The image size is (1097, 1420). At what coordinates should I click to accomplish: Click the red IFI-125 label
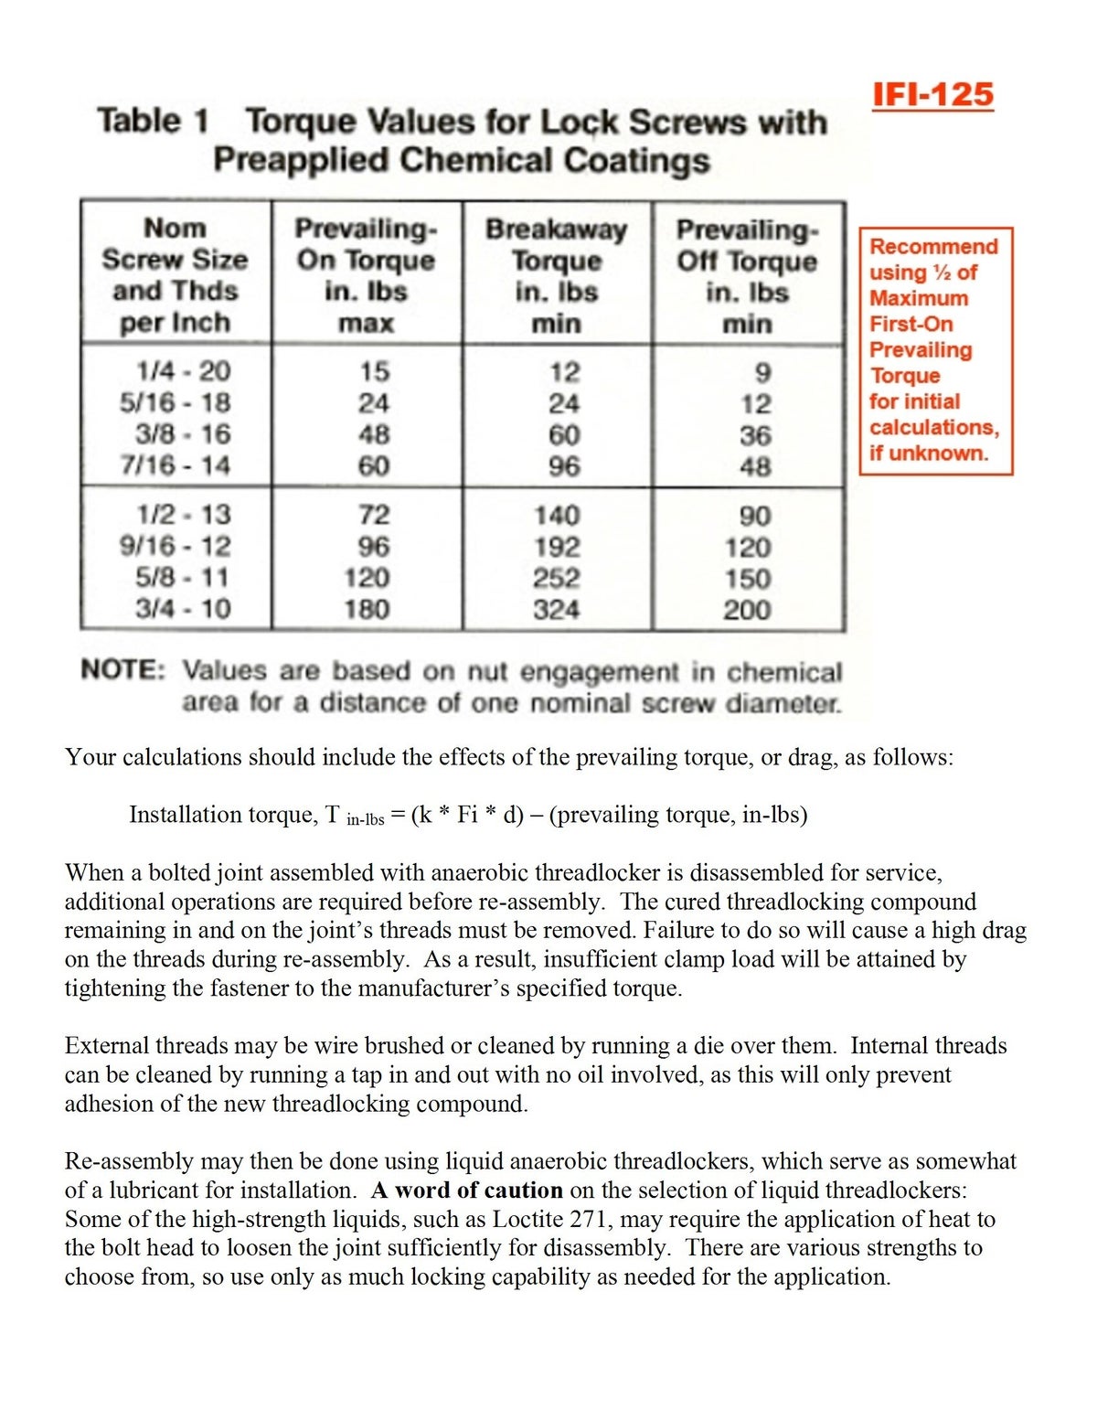[932, 95]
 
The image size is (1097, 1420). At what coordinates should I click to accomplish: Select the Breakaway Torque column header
[556, 275]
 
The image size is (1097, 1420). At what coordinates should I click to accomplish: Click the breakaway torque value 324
[556, 609]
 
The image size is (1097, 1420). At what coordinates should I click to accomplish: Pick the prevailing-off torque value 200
[747, 610]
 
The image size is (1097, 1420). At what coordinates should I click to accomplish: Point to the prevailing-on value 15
[373, 371]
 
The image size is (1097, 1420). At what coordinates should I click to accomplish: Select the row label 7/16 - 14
[176, 465]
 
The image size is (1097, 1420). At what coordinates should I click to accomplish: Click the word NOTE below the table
[122, 670]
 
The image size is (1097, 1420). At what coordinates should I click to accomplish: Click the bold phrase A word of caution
[466, 1190]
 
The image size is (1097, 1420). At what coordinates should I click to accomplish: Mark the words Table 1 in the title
[153, 121]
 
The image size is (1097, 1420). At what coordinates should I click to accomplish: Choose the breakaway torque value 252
[556, 578]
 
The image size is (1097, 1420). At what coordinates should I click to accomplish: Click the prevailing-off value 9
[762, 372]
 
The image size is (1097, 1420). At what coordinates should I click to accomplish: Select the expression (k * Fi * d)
[467, 814]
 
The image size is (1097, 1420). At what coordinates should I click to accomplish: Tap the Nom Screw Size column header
[175, 275]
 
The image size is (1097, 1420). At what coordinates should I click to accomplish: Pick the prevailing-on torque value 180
[367, 609]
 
